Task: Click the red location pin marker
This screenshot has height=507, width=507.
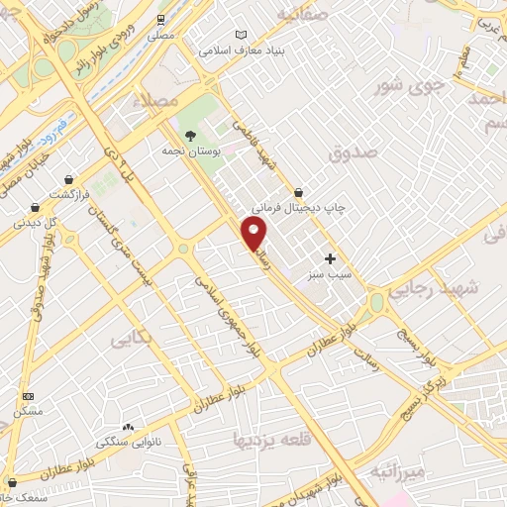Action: point(255,234)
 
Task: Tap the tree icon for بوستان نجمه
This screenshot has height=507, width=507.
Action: point(190,136)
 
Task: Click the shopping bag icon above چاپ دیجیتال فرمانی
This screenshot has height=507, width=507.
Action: point(298,191)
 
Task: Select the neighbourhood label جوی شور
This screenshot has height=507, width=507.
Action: point(403,85)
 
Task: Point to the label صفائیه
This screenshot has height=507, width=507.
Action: point(301,14)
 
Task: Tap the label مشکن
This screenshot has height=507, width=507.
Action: point(27,409)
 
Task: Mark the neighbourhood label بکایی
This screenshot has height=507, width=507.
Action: point(131,342)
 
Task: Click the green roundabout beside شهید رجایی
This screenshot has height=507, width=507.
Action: point(376,301)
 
